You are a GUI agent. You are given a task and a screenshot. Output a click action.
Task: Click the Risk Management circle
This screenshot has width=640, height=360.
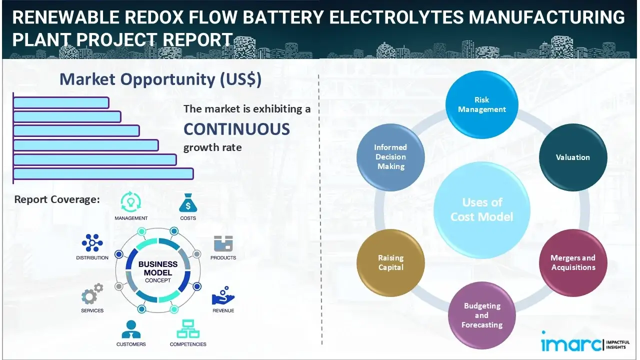point(481,104)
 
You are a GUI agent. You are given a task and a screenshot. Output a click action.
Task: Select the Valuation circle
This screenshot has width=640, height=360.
point(572,157)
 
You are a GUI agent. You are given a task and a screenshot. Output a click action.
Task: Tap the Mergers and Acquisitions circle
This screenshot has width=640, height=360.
point(572,262)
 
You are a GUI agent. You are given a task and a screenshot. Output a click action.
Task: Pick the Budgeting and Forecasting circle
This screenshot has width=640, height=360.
point(481,315)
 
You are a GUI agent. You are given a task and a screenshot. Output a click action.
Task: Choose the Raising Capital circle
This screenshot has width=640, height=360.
point(390,262)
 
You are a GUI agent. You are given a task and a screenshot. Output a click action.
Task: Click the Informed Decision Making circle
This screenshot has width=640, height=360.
point(390,157)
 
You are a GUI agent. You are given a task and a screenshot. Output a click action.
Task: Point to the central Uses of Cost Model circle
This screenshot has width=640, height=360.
point(481,209)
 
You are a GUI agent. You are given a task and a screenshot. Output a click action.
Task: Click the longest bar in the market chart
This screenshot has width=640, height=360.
point(103,173)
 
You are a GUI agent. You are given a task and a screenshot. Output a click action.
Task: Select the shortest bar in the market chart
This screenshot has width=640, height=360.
point(61,102)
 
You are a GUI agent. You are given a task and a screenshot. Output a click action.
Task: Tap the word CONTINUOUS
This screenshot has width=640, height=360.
point(236,129)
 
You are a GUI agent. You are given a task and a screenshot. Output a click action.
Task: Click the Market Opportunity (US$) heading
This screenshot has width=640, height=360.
point(160,79)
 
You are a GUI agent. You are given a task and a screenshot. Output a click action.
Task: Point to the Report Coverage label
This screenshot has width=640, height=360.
point(57,199)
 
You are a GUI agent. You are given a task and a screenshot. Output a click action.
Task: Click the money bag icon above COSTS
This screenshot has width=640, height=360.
point(187,203)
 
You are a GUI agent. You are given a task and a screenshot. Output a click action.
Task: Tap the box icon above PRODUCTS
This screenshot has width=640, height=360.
point(223,243)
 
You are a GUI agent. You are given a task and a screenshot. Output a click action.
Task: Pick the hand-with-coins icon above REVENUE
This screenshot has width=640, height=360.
point(223,296)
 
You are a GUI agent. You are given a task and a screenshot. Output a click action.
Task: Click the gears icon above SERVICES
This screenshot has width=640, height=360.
point(92,295)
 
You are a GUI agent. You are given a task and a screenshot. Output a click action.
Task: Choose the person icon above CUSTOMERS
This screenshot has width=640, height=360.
point(131,329)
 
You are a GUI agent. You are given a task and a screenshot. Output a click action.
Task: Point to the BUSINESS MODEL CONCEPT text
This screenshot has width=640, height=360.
point(158,271)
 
